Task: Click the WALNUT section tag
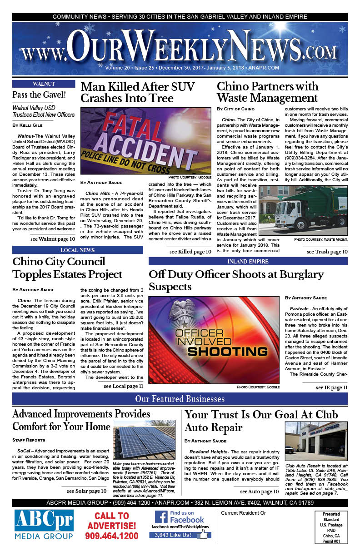point(44,84)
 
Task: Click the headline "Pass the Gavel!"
point(39,95)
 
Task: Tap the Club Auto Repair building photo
point(316,441)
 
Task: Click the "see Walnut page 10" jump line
point(53,239)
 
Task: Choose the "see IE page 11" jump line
point(331,387)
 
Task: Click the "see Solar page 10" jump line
point(87,491)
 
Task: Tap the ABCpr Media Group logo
point(45,525)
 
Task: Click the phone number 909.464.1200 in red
point(111,536)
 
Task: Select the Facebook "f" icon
point(161,516)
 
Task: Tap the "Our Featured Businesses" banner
point(180,399)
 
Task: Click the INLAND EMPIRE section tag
point(248,261)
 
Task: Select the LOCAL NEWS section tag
point(77,250)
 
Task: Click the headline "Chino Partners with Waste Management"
point(268,92)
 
